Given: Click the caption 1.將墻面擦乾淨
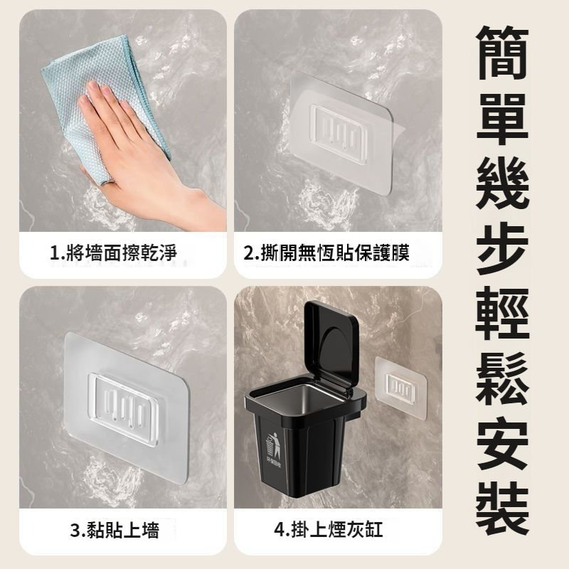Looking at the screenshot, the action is click(113, 253).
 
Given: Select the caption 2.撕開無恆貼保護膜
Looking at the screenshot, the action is click(326, 253).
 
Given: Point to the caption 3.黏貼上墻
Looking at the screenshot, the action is click(115, 531).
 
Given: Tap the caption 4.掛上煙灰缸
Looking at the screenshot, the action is click(329, 530).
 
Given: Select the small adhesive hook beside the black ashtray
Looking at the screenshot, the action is click(400, 388).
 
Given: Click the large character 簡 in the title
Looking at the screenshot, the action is click(503, 53).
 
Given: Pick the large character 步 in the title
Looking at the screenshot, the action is click(503, 250).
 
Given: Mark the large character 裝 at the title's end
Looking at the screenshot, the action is click(503, 509).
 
